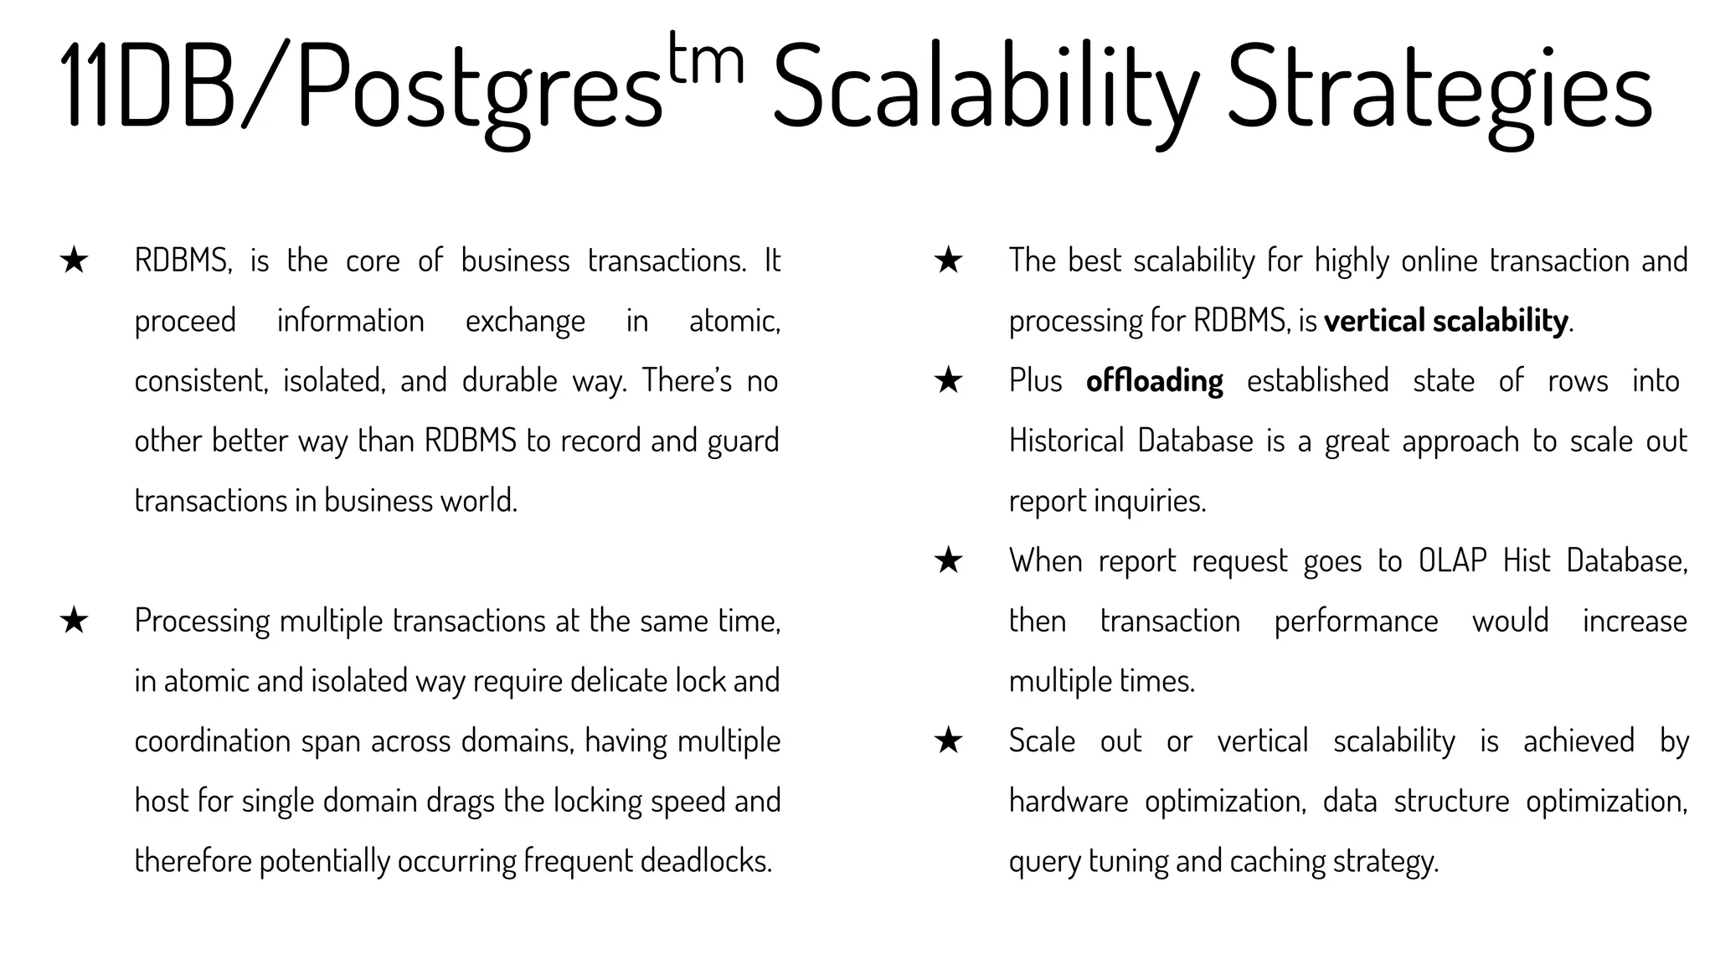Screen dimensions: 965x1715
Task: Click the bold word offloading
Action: (1154, 381)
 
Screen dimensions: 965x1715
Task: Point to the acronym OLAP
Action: (1452, 560)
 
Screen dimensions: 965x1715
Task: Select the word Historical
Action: (1066, 441)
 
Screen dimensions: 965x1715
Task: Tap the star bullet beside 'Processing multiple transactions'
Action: (75, 621)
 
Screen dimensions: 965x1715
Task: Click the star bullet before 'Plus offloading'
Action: (948, 381)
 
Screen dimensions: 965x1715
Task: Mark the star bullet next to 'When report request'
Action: (948, 560)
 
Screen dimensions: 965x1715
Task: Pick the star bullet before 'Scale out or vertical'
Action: (948, 741)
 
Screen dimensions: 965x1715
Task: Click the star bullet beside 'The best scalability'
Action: (948, 261)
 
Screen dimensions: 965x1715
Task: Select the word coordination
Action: (213, 741)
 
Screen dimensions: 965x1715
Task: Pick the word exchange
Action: (525, 321)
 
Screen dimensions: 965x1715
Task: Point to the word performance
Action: (1356, 622)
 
